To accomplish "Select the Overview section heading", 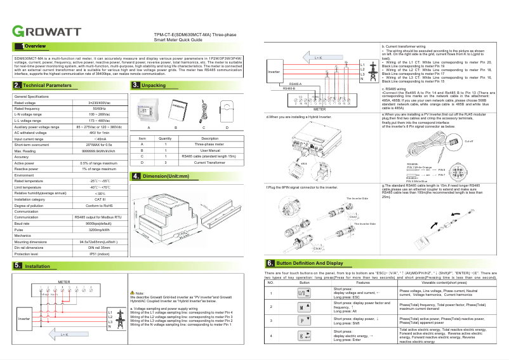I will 35,46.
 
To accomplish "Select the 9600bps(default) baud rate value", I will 99,223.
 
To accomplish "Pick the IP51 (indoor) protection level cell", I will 99,253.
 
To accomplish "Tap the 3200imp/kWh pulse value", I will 99,230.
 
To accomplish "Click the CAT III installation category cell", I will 99,199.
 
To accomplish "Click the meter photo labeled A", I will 148,110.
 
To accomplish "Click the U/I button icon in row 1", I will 305,294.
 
